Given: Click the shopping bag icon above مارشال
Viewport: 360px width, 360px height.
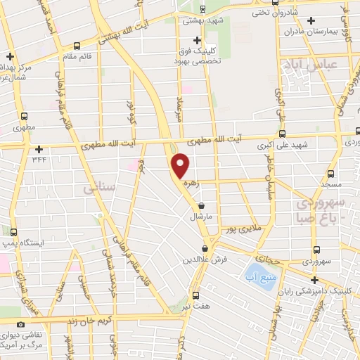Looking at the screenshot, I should pyautogui.click(x=202, y=206).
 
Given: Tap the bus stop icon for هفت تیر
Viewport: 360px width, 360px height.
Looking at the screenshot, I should pyautogui.click(x=196, y=295).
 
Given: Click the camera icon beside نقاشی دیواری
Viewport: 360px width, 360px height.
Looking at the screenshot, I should pyautogui.click(x=20, y=325).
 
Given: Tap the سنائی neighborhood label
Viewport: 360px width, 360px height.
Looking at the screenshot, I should pyautogui.click(x=98, y=188).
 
